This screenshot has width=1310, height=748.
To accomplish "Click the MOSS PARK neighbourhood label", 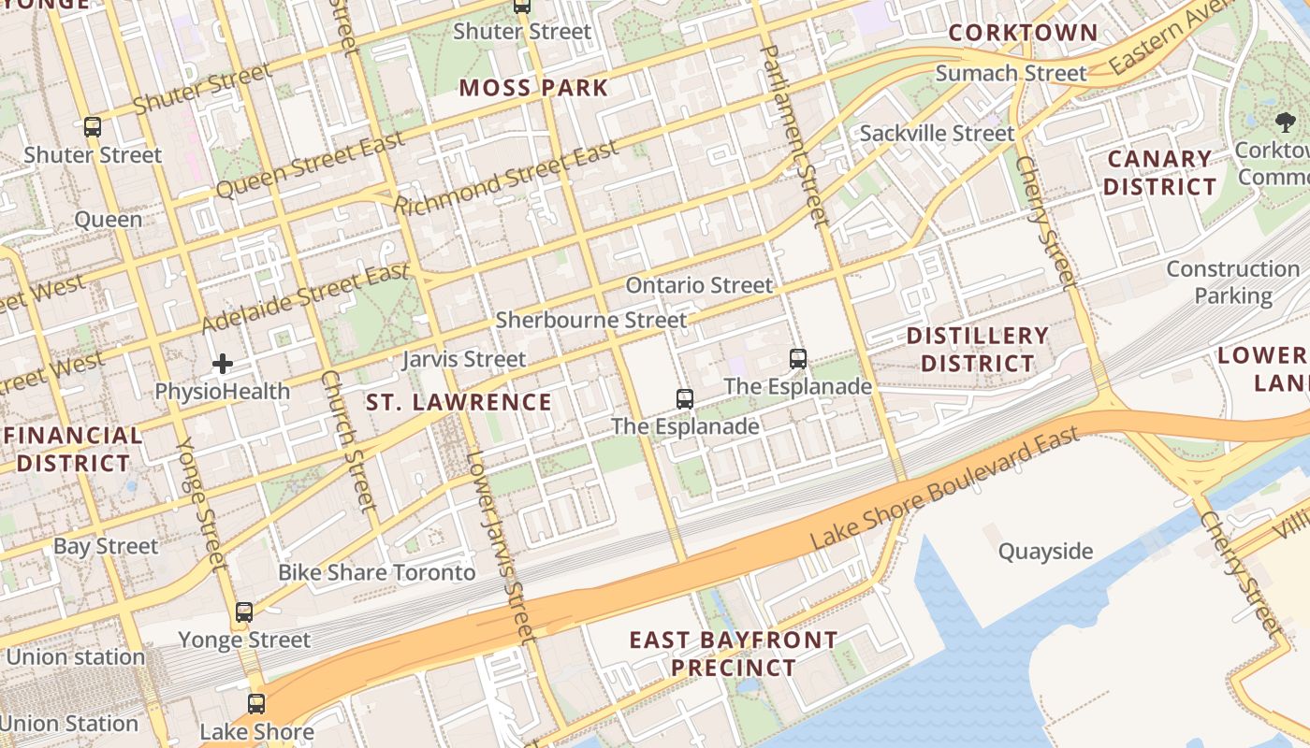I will click(x=533, y=89).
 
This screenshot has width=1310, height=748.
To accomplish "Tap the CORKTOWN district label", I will click(x=1023, y=33).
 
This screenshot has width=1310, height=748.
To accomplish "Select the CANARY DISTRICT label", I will click(x=1159, y=173).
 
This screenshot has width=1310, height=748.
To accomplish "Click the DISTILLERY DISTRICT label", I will click(x=977, y=349).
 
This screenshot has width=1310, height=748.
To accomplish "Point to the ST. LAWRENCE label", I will click(x=458, y=403).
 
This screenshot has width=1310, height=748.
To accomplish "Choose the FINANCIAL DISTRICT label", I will click(x=73, y=449).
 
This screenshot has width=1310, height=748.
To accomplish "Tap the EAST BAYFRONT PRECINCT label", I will click(x=733, y=654).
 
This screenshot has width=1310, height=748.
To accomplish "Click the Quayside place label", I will click(x=1045, y=552).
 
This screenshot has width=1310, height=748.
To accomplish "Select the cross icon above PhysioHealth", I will click(x=222, y=364).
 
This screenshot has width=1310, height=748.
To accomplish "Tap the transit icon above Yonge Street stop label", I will click(x=244, y=612).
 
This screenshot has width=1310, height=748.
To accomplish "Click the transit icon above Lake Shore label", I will click(x=255, y=704).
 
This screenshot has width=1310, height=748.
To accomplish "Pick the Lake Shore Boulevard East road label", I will click(x=945, y=488).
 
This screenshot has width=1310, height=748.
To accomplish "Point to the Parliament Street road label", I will click(x=795, y=136).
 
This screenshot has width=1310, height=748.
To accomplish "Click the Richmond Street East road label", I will click(x=505, y=178).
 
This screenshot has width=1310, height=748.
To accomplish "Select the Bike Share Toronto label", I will click(x=377, y=572).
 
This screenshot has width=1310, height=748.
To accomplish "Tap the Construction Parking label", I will click(x=1232, y=282).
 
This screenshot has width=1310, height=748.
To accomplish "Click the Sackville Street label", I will click(x=937, y=134).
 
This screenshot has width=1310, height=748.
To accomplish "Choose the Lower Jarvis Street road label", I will click(x=502, y=547).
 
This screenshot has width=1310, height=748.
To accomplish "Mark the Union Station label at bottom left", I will click(x=69, y=724).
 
